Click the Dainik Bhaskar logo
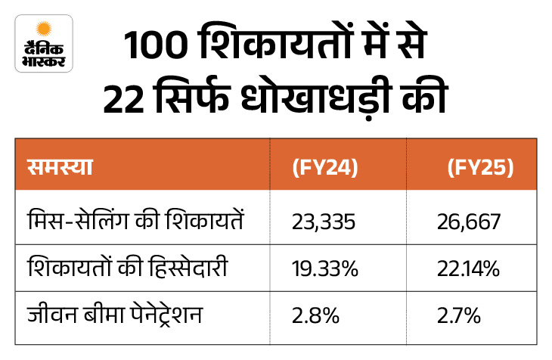point(43,44)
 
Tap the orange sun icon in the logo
point(44,28)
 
